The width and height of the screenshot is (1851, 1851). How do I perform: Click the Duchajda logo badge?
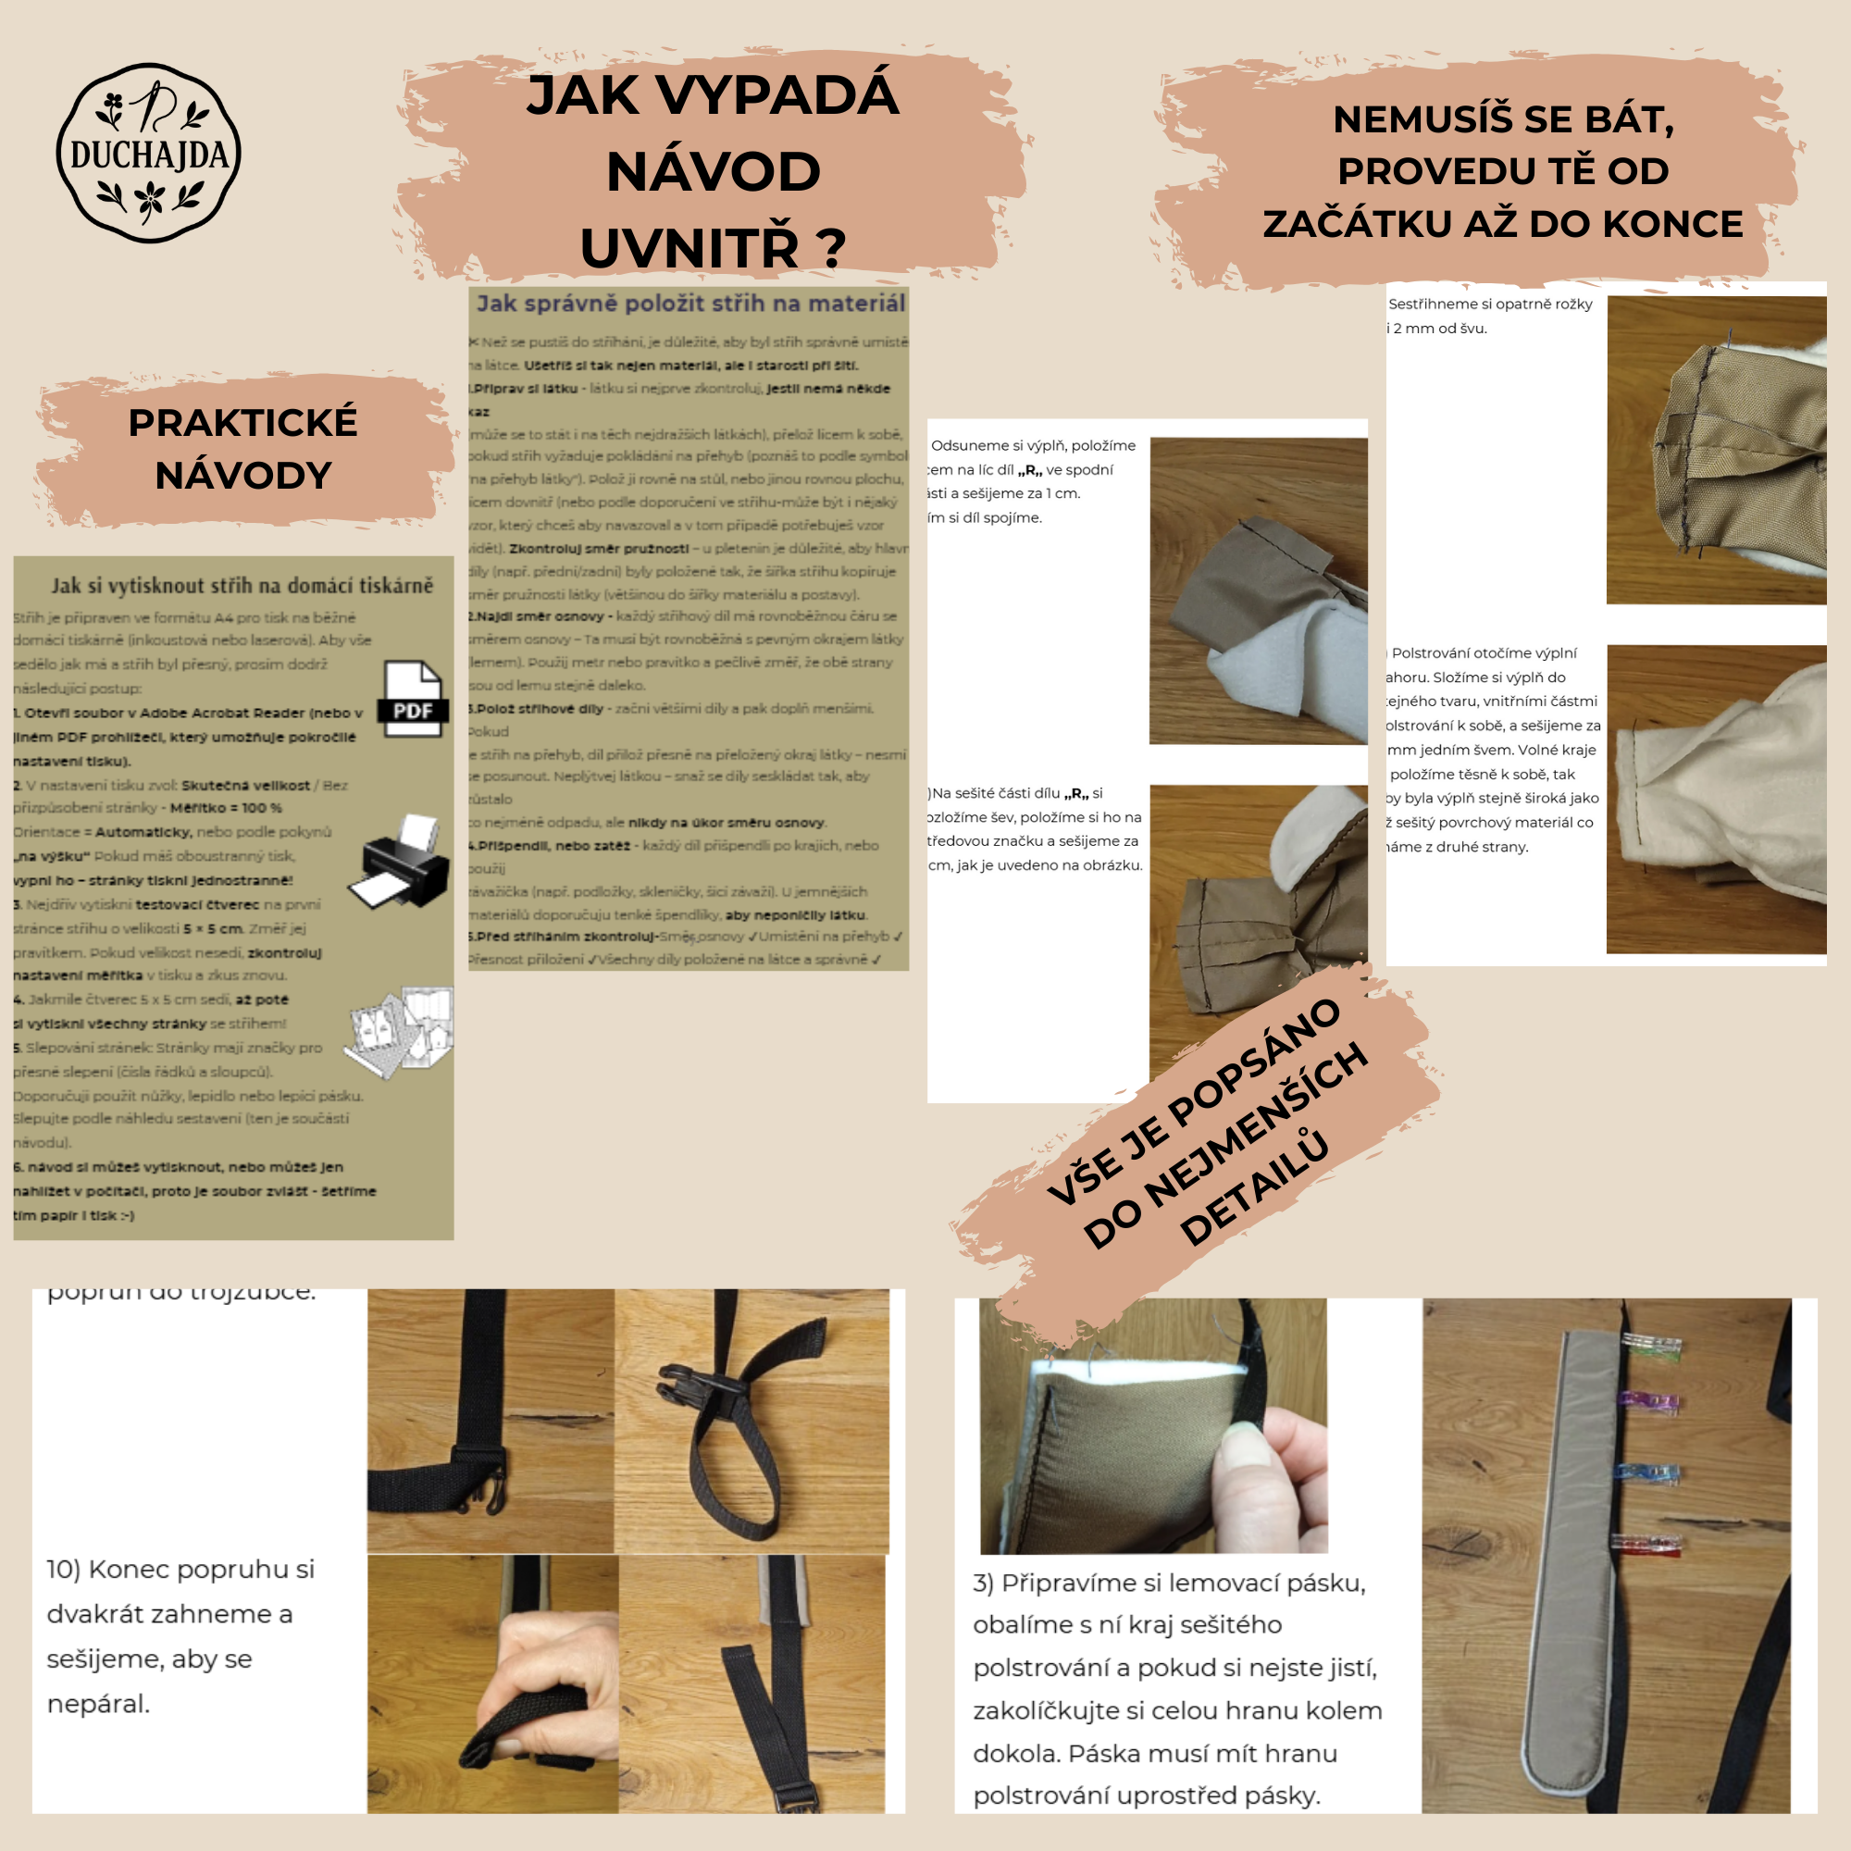click(148, 154)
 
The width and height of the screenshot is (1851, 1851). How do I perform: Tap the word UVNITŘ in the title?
click(689, 247)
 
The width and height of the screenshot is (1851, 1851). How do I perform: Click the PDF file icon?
click(414, 699)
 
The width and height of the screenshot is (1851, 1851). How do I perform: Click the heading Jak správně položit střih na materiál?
click(689, 304)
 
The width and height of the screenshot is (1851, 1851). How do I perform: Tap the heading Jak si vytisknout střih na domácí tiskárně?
click(242, 586)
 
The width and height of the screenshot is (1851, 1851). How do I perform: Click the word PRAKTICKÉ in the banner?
click(242, 423)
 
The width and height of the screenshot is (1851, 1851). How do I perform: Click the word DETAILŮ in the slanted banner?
click(1255, 1188)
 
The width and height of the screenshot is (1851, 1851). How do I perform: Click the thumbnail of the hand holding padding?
click(1152, 1425)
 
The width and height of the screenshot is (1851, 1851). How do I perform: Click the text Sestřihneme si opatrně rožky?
click(1490, 304)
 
